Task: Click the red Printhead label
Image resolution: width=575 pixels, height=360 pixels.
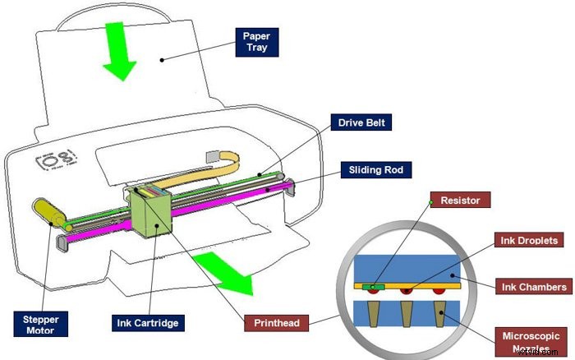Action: click(275, 322)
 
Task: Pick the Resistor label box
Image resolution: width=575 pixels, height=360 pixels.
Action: click(465, 200)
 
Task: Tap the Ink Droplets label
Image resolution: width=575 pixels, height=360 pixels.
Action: click(527, 241)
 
